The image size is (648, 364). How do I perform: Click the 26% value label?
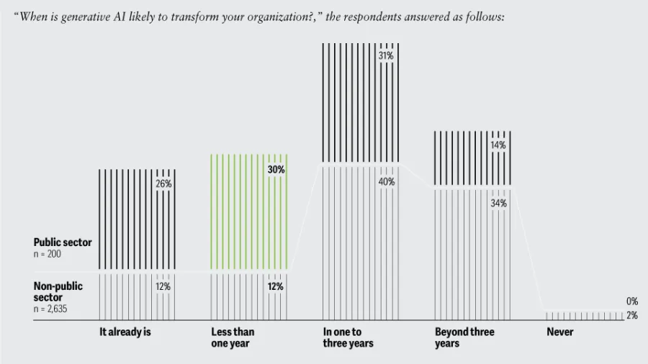point(163,183)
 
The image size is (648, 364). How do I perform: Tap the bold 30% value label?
point(276,170)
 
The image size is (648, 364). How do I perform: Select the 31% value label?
point(387,55)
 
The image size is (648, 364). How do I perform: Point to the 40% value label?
point(387,182)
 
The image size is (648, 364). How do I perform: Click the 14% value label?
point(498,145)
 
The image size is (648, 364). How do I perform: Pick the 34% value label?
point(498,204)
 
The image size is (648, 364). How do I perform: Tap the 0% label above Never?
point(631,301)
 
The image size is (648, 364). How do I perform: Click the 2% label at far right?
point(631,316)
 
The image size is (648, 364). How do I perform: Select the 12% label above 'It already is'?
point(163,286)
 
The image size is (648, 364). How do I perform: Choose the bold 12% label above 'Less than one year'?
point(276,286)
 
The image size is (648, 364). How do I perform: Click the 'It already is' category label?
point(125,332)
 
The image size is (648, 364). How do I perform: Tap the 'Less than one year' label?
point(233,337)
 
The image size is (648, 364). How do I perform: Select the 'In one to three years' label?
point(348,337)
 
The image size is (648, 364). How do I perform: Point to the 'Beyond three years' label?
point(464,337)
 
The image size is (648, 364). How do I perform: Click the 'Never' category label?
point(560,332)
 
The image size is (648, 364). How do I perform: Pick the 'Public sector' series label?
point(63,242)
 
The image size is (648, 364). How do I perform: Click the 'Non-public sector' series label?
point(58,291)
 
